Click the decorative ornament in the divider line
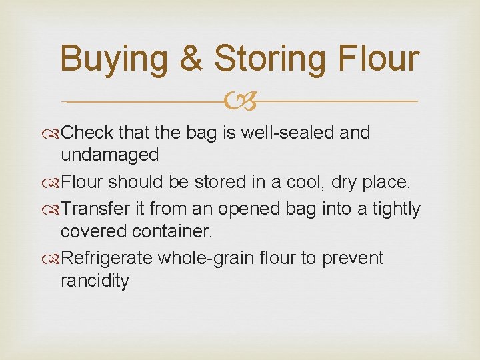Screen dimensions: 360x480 239,102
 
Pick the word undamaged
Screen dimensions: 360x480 109,155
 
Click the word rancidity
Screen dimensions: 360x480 95,280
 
